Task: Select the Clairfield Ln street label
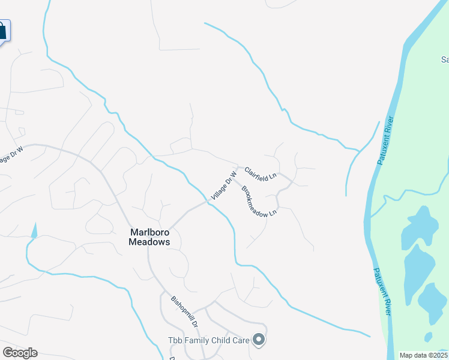tap(260, 173)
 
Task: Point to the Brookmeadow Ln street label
tap(259, 202)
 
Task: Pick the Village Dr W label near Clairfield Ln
tap(222, 186)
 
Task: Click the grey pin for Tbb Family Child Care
tap(259, 340)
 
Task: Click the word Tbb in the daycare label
tap(175, 340)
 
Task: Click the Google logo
tap(20, 353)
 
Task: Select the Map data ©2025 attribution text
tap(423, 355)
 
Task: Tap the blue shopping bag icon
tap(2, 31)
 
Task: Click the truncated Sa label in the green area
tap(445, 59)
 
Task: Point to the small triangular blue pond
tap(34, 229)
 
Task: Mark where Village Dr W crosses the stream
tap(208, 202)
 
